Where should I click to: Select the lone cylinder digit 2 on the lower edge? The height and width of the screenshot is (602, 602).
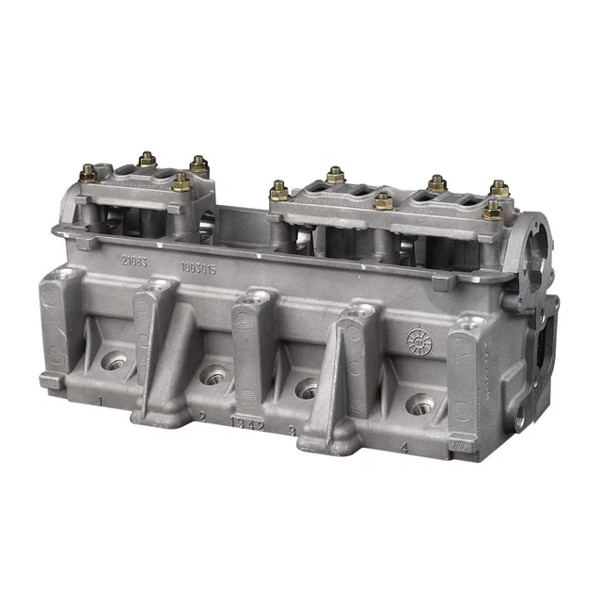201,415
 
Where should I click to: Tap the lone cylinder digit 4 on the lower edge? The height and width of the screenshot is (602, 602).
404,449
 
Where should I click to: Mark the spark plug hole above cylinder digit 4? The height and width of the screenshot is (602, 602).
420,404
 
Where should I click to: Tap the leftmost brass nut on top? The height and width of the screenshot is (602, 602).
87,173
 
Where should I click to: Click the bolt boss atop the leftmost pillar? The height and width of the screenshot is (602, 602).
65,276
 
